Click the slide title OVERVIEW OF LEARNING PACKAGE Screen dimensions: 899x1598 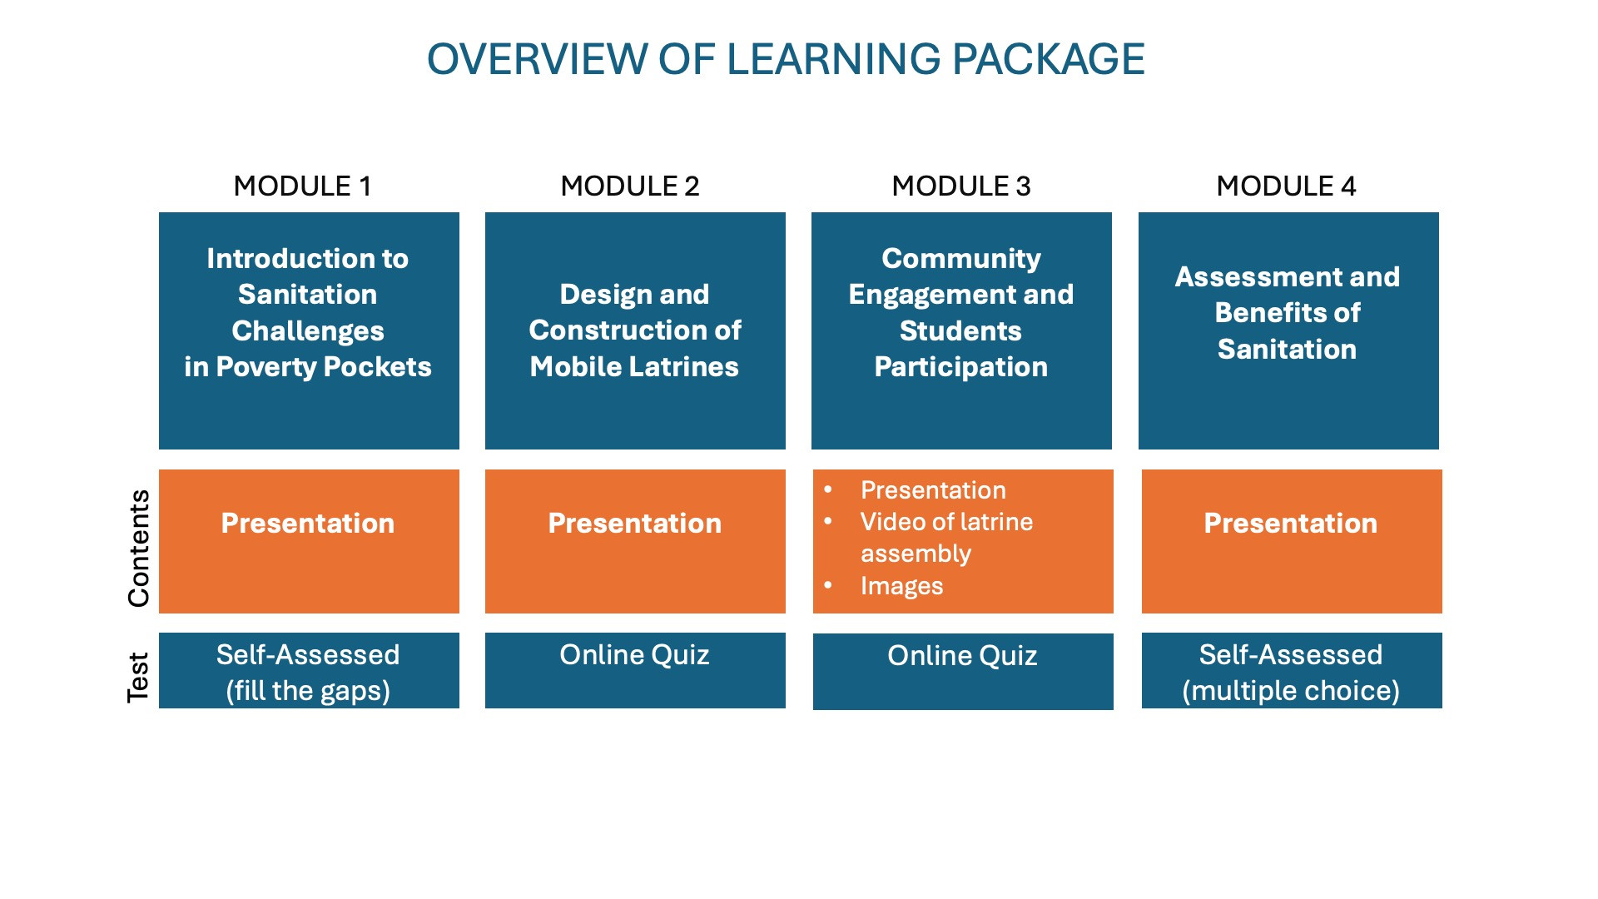click(786, 60)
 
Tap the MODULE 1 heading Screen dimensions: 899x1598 click(302, 186)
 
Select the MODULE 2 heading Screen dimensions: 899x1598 click(630, 186)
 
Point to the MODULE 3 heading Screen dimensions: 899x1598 click(961, 186)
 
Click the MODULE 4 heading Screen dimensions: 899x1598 click(1286, 186)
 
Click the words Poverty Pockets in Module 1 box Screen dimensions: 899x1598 click(324, 367)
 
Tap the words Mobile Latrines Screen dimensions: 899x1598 click(634, 367)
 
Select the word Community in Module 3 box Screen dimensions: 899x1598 click(961, 259)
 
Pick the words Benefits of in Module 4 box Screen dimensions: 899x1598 click(1288, 313)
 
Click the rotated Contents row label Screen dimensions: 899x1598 click(138, 548)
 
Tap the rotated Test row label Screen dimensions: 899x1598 click(138, 677)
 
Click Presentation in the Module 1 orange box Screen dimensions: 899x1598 click(308, 524)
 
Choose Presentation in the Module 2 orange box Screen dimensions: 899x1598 click(635, 524)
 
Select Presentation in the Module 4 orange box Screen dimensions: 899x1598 click(1291, 524)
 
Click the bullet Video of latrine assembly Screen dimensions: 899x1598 click(946, 537)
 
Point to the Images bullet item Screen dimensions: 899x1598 click(902, 586)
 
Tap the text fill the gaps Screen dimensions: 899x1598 click(308, 691)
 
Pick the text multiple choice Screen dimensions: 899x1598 click(1291, 691)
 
